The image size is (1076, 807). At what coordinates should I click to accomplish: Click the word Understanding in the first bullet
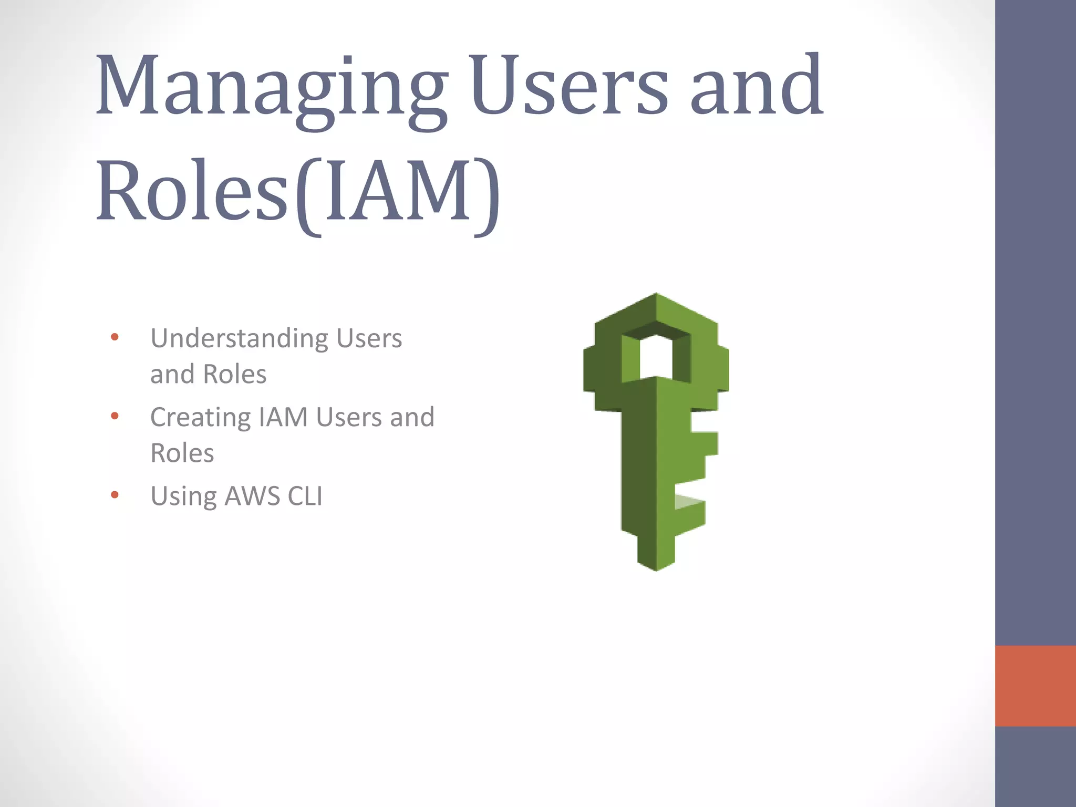[x=240, y=339]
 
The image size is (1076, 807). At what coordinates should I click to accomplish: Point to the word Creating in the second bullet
[x=200, y=418]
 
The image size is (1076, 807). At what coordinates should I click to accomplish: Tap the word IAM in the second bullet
[x=283, y=417]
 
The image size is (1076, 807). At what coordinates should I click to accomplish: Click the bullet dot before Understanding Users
[x=115, y=337]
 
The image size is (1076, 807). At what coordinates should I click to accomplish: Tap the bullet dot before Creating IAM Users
[x=115, y=417]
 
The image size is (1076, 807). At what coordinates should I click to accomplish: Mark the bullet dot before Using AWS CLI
[x=115, y=495]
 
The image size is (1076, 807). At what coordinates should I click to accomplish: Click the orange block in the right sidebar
[x=1035, y=686]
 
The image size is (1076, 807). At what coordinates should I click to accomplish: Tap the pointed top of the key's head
[x=656, y=296]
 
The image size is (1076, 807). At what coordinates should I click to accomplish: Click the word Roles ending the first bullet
[x=234, y=375]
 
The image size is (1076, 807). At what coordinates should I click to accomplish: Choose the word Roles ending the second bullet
[x=182, y=453]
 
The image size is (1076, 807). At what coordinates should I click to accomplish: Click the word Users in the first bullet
[x=369, y=339]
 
